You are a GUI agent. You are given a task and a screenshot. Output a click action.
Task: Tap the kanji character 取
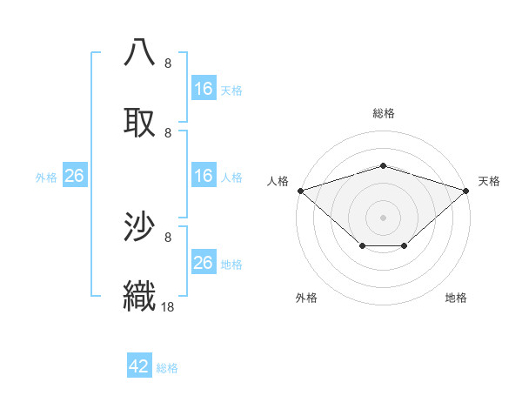[x=141, y=122]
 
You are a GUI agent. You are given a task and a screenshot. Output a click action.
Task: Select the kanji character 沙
[x=141, y=226]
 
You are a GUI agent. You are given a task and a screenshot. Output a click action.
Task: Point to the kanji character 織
[x=141, y=294]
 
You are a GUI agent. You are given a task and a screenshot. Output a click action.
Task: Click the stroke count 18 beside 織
[x=168, y=306]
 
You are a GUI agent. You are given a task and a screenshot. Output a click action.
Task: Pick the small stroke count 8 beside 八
[x=168, y=64]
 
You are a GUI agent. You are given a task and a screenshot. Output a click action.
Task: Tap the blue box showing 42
[x=139, y=366]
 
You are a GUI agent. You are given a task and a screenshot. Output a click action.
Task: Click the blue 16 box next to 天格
[x=204, y=89]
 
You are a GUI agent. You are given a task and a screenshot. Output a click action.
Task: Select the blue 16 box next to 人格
[x=204, y=176]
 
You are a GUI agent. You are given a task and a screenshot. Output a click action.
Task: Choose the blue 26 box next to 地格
[x=204, y=263]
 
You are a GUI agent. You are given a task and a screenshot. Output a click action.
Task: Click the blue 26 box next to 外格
[x=75, y=176]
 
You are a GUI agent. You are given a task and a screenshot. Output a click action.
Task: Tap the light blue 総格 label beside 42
[x=167, y=368]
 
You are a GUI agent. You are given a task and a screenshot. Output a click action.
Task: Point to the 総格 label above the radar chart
[x=384, y=113]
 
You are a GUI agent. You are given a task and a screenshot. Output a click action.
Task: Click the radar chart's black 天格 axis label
[x=489, y=181]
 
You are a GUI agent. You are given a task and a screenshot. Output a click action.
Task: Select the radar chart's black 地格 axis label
[x=456, y=298]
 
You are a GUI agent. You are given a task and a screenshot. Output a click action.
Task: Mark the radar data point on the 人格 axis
[x=300, y=190]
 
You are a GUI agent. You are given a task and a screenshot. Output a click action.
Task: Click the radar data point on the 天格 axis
[x=467, y=190]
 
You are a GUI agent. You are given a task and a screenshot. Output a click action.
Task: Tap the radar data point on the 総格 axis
[x=384, y=165]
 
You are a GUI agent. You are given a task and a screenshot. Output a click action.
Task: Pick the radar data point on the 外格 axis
[x=362, y=247]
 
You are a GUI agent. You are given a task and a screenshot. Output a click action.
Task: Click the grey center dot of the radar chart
[x=384, y=217]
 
